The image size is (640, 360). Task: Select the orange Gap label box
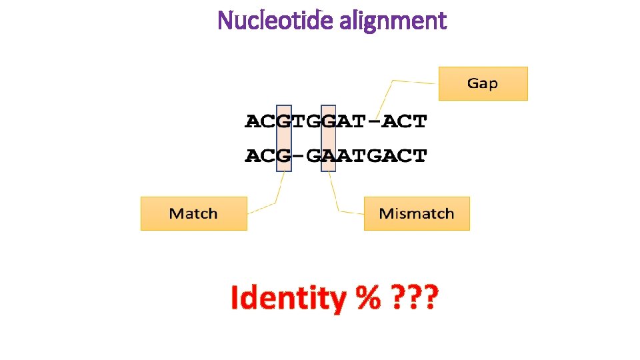pos(483,83)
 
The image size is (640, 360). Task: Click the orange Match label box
pos(193,213)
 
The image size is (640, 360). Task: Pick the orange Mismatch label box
pos(417,213)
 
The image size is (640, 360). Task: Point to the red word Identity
pos(287,299)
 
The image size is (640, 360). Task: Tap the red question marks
pos(412,299)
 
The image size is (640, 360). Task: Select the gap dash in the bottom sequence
pos(299,156)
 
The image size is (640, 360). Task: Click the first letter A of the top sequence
pos(253,121)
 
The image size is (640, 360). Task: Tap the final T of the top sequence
pos(419,121)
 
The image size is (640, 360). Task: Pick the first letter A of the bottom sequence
pos(253,156)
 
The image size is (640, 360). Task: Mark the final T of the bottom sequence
pos(419,156)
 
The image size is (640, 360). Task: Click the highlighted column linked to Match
pos(284,138)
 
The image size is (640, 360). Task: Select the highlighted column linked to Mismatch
pos(328,138)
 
